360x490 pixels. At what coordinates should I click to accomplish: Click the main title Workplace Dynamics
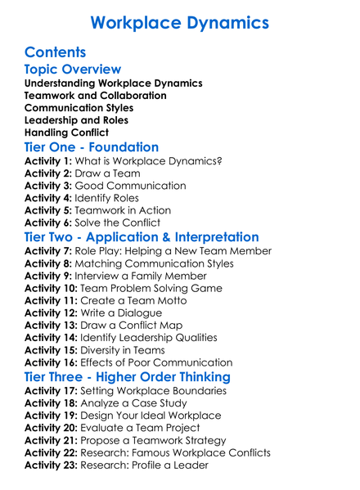(180, 22)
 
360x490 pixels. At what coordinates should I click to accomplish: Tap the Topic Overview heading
(73, 70)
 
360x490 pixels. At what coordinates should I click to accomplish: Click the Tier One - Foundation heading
(92, 147)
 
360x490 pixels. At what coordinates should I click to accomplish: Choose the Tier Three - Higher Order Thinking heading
(128, 377)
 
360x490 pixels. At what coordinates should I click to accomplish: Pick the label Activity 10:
(52, 288)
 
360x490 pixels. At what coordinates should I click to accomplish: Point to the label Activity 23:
(52, 465)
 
